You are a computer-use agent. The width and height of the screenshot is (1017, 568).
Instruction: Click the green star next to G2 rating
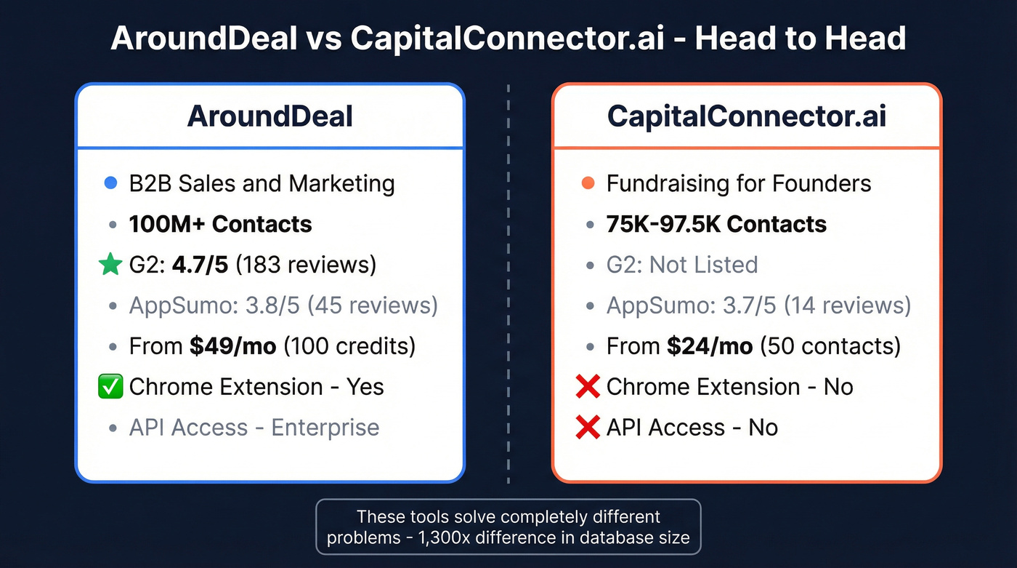tap(110, 265)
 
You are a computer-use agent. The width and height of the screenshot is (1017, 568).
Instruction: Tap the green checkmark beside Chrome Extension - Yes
tap(110, 387)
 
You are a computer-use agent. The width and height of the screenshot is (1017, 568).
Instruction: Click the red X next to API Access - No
tap(587, 428)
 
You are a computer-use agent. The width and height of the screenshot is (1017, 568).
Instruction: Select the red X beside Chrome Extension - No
tap(587, 387)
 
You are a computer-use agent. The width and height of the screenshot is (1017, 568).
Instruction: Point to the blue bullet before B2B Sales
tap(110, 184)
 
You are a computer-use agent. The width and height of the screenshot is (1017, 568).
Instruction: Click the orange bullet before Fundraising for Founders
tap(588, 184)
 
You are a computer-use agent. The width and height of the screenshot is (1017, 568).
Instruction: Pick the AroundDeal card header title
tap(270, 116)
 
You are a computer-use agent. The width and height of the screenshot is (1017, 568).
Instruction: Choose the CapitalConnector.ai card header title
tap(746, 116)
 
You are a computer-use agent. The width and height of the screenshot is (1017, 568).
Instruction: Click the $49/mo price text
tap(232, 346)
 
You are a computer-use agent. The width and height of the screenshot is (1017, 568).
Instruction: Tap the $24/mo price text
tap(710, 346)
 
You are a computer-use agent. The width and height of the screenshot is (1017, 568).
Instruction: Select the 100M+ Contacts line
tap(220, 224)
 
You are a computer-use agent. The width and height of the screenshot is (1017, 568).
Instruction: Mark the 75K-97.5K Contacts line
tap(716, 224)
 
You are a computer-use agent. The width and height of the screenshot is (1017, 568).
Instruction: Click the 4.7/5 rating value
tap(200, 265)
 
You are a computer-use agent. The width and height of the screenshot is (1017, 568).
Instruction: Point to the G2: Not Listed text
tap(682, 265)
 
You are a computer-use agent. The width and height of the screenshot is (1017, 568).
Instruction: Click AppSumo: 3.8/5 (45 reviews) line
tap(283, 305)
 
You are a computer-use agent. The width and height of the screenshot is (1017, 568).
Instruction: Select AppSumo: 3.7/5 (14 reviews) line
tap(758, 305)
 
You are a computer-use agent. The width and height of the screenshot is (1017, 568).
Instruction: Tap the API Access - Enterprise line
tap(254, 428)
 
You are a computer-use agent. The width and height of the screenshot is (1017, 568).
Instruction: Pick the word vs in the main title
tap(323, 38)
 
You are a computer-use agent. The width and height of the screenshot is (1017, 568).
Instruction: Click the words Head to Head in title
tap(800, 38)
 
